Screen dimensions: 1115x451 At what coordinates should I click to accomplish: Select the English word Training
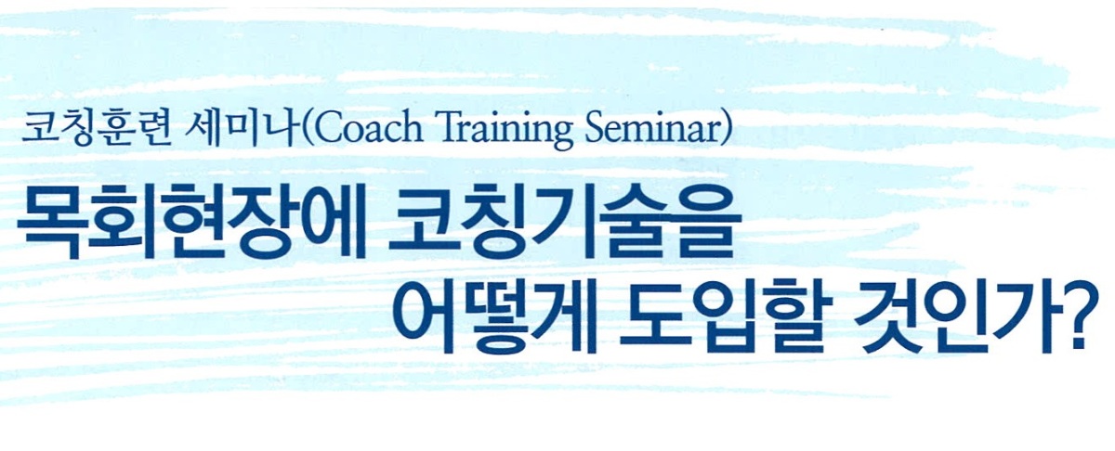tap(505, 131)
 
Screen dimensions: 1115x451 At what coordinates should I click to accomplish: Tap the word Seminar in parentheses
tap(652, 129)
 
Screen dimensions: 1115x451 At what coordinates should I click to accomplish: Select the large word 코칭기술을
tap(564, 224)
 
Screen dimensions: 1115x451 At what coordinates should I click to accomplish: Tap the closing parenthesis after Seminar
tap(727, 130)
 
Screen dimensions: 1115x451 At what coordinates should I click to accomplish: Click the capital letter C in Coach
tap(327, 129)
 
